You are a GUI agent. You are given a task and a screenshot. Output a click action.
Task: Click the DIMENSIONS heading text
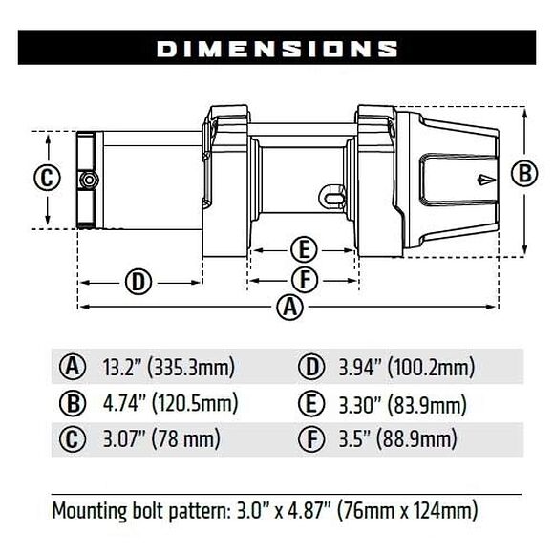point(277,48)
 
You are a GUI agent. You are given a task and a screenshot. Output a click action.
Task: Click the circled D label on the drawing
point(138,281)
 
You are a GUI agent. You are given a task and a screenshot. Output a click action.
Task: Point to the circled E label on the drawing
point(302,250)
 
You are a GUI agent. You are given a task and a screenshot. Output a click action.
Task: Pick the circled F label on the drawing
point(302,280)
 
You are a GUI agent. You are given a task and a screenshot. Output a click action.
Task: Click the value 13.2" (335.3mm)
point(167,366)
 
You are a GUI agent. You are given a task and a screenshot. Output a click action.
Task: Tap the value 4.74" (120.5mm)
point(169,402)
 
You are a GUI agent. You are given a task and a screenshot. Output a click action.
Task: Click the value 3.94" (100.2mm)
point(407,366)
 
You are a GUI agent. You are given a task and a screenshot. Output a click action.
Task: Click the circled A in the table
point(73,366)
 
